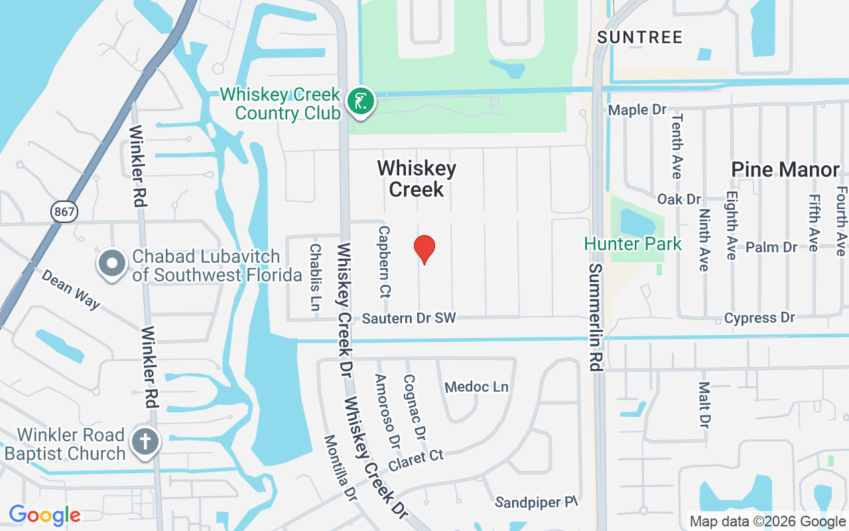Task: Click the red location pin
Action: tap(424, 249)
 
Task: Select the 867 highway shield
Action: tap(64, 212)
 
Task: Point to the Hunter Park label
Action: tap(633, 244)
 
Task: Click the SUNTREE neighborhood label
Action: tap(639, 37)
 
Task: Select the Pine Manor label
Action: tap(785, 169)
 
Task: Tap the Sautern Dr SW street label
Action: tap(409, 319)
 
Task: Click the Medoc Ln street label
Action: tap(476, 386)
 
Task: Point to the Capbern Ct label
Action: tap(384, 262)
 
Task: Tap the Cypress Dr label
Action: tap(759, 318)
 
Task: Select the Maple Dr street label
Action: tap(637, 110)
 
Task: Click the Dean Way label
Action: tap(71, 289)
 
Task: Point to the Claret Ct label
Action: tap(416, 460)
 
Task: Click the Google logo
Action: tap(44, 515)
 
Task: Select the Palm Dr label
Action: tap(771, 247)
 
